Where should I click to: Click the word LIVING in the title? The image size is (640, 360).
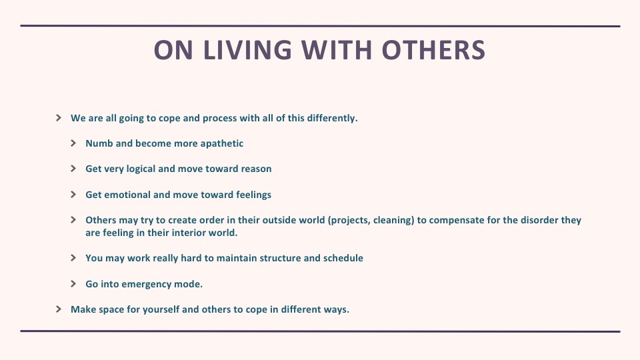(x=247, y=50)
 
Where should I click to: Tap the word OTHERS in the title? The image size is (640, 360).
(x=433, y=50)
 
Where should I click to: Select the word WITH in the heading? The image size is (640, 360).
(x=337, y=50)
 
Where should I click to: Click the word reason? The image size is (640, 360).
(x=256, y=169)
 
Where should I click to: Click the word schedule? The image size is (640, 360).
(x=343, y=258)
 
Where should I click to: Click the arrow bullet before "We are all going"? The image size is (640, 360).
(x=59, y=118)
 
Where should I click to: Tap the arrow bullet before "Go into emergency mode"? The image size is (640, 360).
(x=73, y=284)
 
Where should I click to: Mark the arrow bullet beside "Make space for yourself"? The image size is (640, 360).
(x=59, y=309)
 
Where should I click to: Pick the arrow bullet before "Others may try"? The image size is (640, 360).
(x=73, y=220)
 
